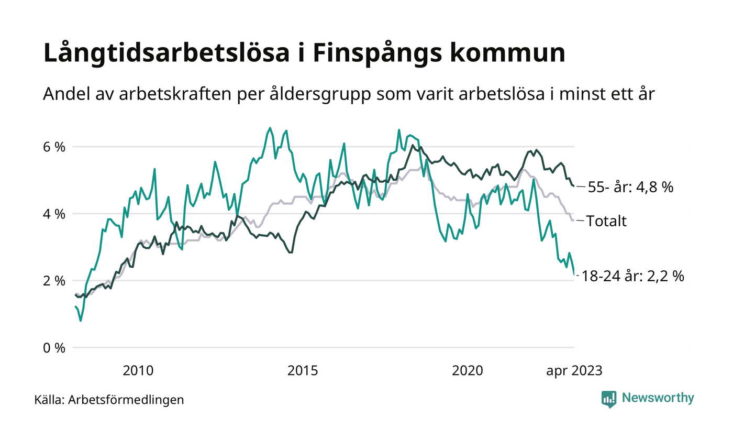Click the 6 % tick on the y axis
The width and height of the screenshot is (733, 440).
click(54, 147)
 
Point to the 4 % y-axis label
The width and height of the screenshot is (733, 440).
click(54, 214)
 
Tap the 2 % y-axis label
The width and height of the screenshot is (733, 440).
click(54, 281)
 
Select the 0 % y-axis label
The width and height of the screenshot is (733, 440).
click(54, 348)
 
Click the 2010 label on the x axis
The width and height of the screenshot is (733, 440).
click(138, 371)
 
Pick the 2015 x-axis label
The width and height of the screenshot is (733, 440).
click(303, 371)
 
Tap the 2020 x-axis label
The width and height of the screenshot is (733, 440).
click(468, 371)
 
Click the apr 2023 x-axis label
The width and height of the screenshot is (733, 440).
click(574, 371)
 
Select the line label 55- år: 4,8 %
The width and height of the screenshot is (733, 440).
click(630, 187)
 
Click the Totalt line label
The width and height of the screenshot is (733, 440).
click(606, 221)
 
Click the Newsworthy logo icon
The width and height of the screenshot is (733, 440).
click(609, 399)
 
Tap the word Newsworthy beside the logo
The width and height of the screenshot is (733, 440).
click(658, 398)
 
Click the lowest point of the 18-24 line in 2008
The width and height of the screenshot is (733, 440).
click(80, 321)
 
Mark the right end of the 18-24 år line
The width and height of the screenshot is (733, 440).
click(574, 273)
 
